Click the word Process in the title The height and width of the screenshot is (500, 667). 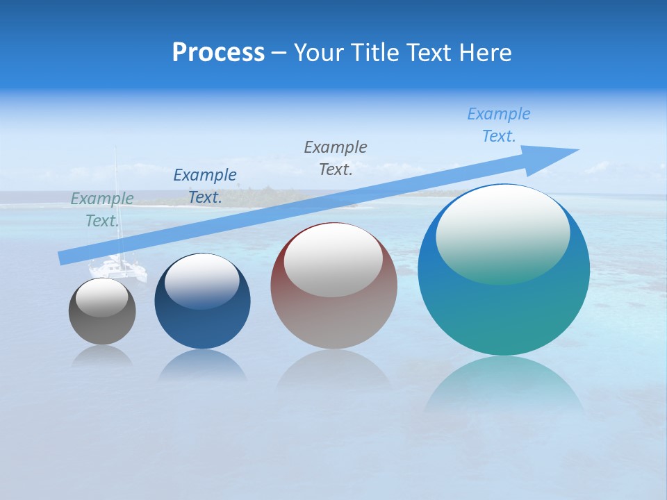[218, 53]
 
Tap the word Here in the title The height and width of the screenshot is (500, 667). [484, 53]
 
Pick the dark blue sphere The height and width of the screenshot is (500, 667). [202, 319]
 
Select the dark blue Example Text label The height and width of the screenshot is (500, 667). [205, 186]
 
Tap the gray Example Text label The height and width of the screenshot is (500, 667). [336, 158]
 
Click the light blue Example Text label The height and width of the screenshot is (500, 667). [499, 125]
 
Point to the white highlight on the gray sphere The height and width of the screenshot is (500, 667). [102, 297]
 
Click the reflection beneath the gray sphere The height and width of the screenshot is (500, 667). [102, 356]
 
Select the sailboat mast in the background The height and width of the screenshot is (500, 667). [116, 201]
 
